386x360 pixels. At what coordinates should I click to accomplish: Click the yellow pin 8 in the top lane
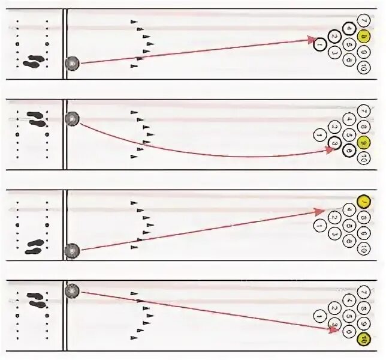363,37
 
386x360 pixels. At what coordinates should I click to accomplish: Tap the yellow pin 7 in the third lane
362,202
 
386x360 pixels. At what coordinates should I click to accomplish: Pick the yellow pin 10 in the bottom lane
362,340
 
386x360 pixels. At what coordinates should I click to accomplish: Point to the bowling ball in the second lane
73,119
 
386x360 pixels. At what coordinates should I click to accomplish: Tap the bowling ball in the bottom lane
73,291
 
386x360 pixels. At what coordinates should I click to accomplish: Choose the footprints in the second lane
37,119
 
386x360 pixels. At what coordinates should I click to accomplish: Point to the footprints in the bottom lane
34,298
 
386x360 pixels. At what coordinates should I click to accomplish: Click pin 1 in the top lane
319,44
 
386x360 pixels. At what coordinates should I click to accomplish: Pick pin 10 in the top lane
363,69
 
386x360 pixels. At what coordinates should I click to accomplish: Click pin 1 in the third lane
320,225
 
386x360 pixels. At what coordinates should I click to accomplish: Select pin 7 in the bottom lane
362,292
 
